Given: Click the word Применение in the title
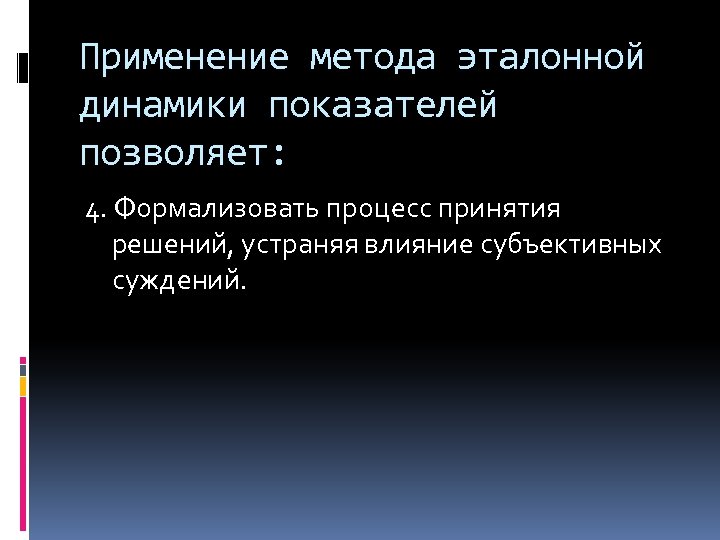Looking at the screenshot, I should click(x=181, y=58).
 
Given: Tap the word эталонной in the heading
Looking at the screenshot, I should click(x=551, y=58).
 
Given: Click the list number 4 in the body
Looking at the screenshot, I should click(x=93, y=211).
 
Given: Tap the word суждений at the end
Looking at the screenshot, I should click(x=177, y=281).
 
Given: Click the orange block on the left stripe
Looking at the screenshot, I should click(x=23, y=385).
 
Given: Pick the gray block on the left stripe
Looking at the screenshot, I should click(x=23, y=369).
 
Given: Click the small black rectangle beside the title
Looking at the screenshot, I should click(x=23, y=68).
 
